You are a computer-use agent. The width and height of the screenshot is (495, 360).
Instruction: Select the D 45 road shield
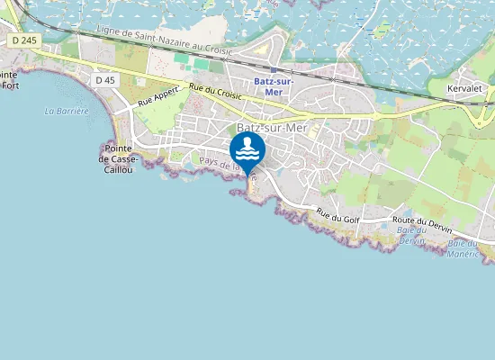(104, 80)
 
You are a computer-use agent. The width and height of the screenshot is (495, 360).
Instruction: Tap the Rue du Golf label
(337, 215)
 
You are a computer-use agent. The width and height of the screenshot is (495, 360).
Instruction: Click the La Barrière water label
(67, 112)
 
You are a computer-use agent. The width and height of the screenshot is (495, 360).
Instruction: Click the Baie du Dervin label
(410, 235)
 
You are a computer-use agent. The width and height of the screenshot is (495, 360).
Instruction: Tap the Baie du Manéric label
(463, 248)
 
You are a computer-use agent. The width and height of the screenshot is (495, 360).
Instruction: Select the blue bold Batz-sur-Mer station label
(274, 86)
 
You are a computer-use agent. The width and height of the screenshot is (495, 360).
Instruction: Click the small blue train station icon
(274, 69)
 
